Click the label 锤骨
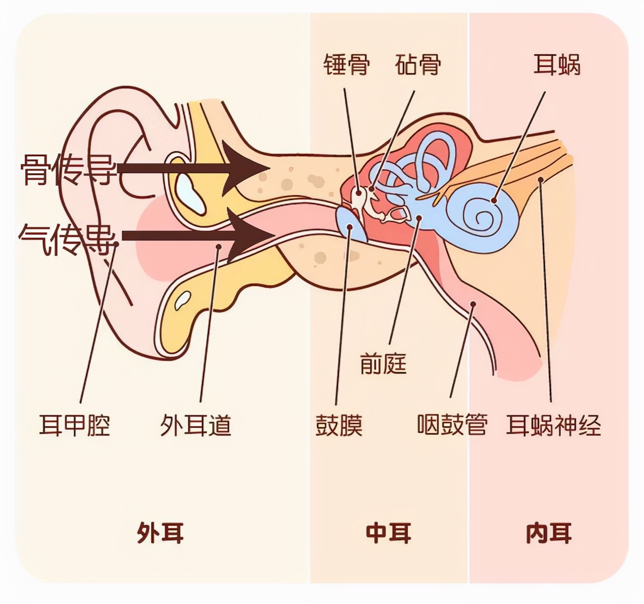click(347, 64)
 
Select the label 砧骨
click(418, 64)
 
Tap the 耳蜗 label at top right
click(557, 64)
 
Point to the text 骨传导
click(68, 170)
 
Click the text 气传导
click(68, 240)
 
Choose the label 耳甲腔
click(75, 425)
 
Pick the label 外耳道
click(196, 425)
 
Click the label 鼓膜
click(339, 425)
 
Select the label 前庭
click(383, 363)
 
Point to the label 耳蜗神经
click(553, 425)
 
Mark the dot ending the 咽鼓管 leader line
click(473, 304)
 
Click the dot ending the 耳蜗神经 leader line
click(540, 179)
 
